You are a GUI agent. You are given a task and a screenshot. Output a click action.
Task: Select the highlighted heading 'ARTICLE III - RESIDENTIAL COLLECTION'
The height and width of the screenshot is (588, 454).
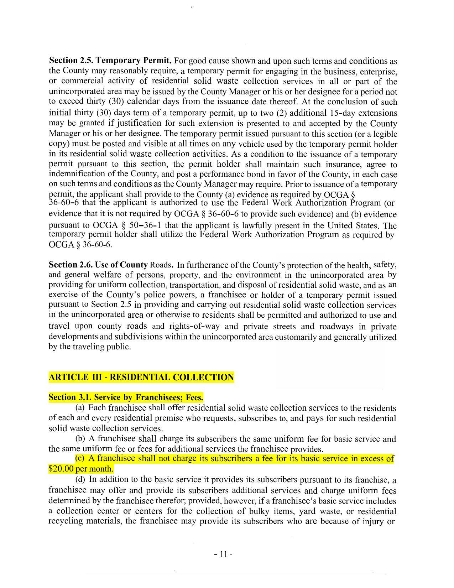[141, 377]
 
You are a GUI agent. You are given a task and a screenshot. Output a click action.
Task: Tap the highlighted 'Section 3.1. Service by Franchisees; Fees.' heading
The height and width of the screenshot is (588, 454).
[126, 397]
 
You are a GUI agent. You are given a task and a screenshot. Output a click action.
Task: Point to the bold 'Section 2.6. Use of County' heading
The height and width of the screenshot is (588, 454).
[98, 265]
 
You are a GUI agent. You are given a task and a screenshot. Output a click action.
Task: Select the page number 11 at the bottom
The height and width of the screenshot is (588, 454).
[224, 554]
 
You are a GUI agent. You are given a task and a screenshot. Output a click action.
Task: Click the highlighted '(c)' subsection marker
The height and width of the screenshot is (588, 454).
[80, 458]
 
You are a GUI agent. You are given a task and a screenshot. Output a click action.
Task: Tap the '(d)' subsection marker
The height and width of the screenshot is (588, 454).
[80, 479]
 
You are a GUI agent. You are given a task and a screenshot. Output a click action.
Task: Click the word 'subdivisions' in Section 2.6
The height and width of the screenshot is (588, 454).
[139, 337]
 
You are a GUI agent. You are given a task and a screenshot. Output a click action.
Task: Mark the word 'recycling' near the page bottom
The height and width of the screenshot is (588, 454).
[66, 521]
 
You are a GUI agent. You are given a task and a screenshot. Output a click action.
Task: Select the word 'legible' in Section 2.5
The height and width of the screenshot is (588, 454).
[385, 134]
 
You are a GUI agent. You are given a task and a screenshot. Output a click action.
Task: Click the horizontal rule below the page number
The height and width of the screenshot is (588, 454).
[235, 573]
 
